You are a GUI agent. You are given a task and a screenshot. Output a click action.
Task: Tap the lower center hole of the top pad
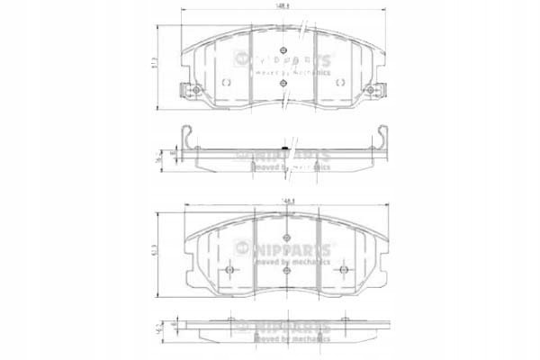[284, 83]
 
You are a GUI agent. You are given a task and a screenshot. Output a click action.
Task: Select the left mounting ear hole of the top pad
[187, 90]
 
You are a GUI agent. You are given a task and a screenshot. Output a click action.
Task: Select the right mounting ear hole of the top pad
[382, 90]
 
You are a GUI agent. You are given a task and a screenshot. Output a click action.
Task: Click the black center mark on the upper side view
[285, 148]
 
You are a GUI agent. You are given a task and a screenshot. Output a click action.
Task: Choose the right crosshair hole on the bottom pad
[342, 271]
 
